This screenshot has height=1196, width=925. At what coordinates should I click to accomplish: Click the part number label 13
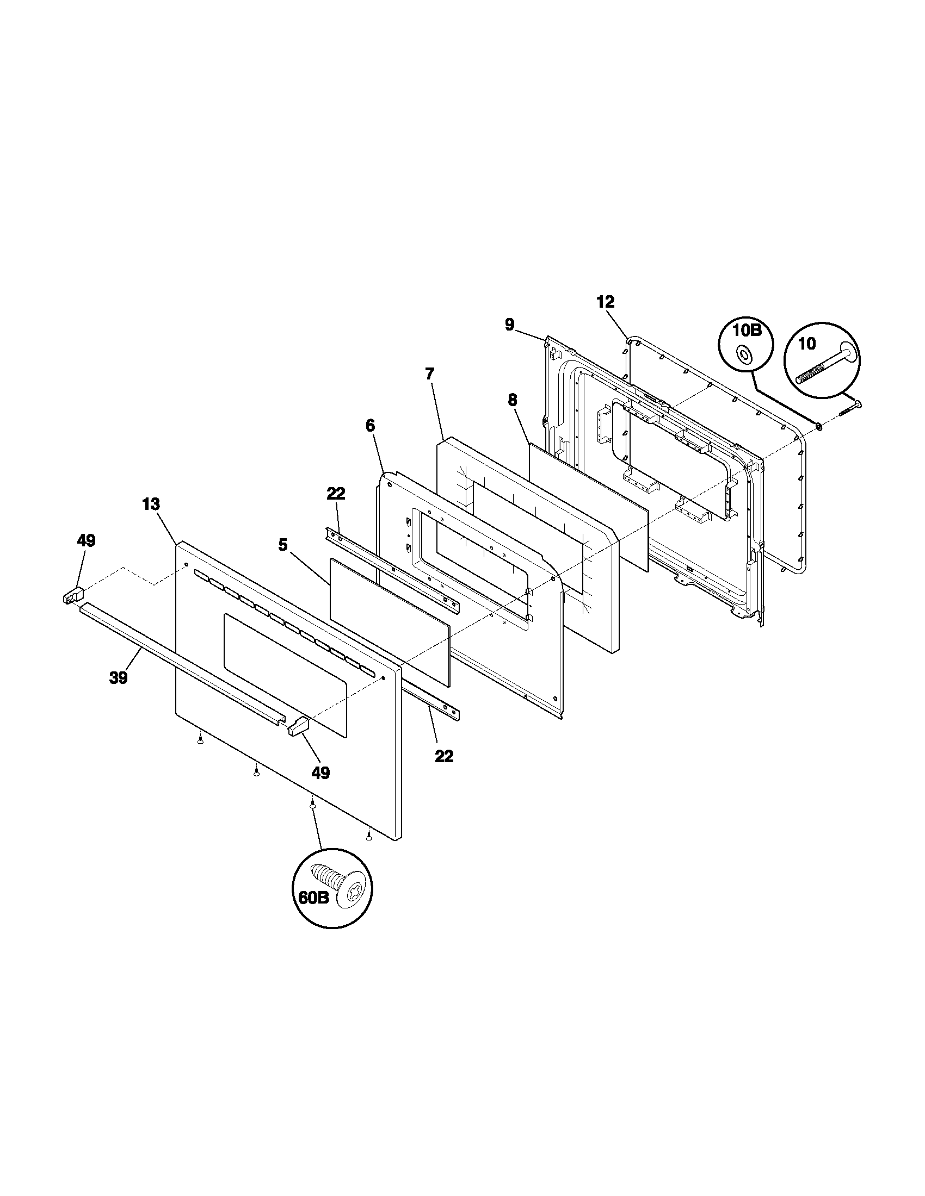click(151, 504)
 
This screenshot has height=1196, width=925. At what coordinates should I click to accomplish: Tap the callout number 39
click(119, 678)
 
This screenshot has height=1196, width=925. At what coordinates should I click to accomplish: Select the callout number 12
click(606, 302)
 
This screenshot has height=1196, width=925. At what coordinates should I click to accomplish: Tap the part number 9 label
click(510, 325)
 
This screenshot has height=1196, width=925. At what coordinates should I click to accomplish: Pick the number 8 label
click(512, 400)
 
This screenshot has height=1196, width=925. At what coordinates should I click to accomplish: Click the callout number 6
click(371, 426)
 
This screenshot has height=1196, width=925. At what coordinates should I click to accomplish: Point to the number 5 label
click(283, 545)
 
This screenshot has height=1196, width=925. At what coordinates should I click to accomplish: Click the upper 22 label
click(336, 494)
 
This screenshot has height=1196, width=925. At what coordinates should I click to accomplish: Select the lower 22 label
click(444, 756)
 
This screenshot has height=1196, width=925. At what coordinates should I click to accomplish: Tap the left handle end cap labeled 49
click(71, 594)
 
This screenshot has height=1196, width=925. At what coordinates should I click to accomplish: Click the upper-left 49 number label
click(86, 541)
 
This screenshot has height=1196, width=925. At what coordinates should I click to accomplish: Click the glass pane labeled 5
click(389, 621)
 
